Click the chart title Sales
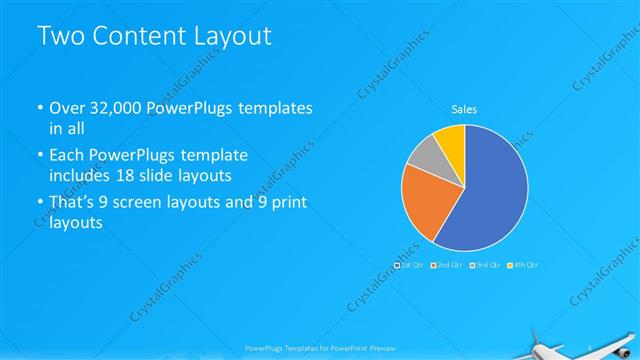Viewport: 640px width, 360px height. pos(464,108)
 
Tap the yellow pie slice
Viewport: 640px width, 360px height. pos(452,140)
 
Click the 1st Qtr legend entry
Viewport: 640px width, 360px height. pos(410,265)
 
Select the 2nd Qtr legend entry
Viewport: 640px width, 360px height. pos(447,265)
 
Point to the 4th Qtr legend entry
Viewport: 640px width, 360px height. pos(523,265)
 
